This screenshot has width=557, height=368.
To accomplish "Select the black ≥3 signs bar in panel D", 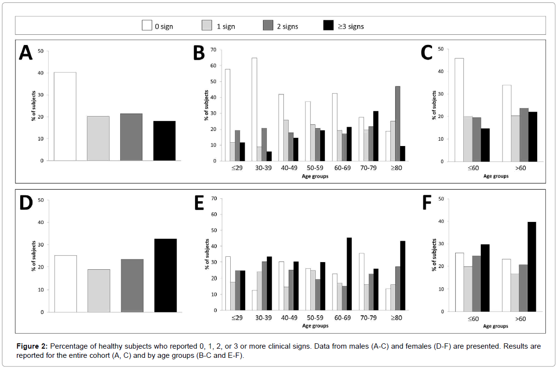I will [x=165, y=275].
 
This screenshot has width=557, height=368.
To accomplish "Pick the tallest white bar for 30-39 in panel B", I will [x=254, y=109].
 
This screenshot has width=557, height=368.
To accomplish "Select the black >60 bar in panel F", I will [x=531, y=266].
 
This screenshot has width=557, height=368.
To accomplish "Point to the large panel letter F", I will [x=426, y=203].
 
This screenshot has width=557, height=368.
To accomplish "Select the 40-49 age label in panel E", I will [x=288, y=319].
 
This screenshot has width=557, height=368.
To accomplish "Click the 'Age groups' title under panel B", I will [x=315, y=176].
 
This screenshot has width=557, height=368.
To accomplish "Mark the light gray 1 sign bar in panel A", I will [x=98, y=138].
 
